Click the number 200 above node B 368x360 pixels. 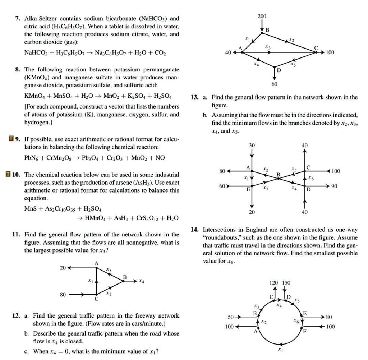pos(262,17)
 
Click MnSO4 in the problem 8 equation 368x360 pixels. pos(63,96)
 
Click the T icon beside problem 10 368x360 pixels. pos(8,175)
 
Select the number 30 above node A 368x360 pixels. pos(252,145)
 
